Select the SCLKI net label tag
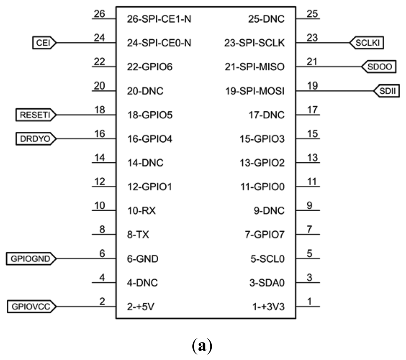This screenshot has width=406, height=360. (367, 42)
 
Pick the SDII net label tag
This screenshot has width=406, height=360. (387, 91)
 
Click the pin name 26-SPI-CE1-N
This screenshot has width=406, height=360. (159, 19)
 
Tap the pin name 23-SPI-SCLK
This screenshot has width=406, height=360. (254, 43)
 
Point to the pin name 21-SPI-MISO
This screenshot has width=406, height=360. (255, 67)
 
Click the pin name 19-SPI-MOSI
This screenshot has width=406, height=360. (255, 91)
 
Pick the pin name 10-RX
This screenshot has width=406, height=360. (142, 211)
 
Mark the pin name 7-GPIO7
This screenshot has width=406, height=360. (264, 235)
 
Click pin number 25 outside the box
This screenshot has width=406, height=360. (312, 14)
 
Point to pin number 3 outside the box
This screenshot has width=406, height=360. (310, 277)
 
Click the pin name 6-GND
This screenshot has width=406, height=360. (143, 259)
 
